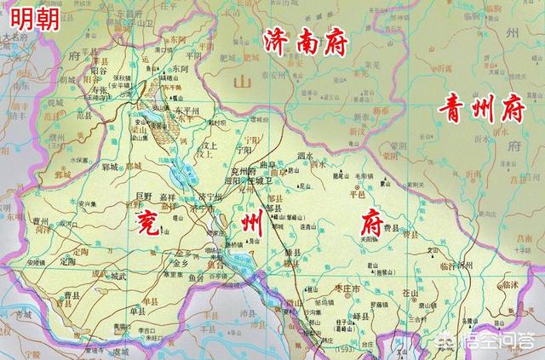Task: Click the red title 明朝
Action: [36, 18]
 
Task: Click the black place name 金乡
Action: [180, 264]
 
